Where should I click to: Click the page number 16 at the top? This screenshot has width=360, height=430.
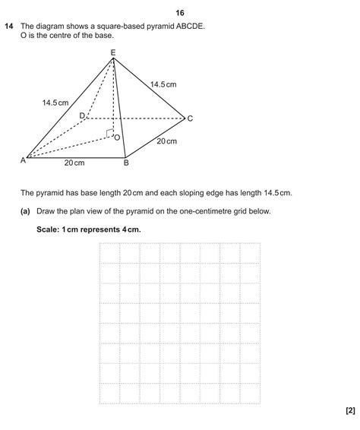coord(180,13)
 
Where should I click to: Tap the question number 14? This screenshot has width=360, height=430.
coord(9,27)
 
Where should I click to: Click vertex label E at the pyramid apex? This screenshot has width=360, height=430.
coord(113,52)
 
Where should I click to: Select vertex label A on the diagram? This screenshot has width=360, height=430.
coord(23,160)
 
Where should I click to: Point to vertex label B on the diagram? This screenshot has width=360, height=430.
coord(126,163)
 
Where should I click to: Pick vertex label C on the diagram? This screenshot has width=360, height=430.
coord(190,119)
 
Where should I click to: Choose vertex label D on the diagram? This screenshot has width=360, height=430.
coord(82,115)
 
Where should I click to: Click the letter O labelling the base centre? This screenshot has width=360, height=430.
coord(116,138)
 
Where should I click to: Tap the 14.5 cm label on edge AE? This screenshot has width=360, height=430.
coord(55,102)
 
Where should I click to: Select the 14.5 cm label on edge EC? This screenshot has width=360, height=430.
coord(163,84)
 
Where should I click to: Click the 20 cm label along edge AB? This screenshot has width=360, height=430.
coord(74,163)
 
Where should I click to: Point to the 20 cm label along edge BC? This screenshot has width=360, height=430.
coord(166,141)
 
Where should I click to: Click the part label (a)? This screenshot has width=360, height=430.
coord(26,211)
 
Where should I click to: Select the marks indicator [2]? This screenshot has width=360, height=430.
coord(349,410)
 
